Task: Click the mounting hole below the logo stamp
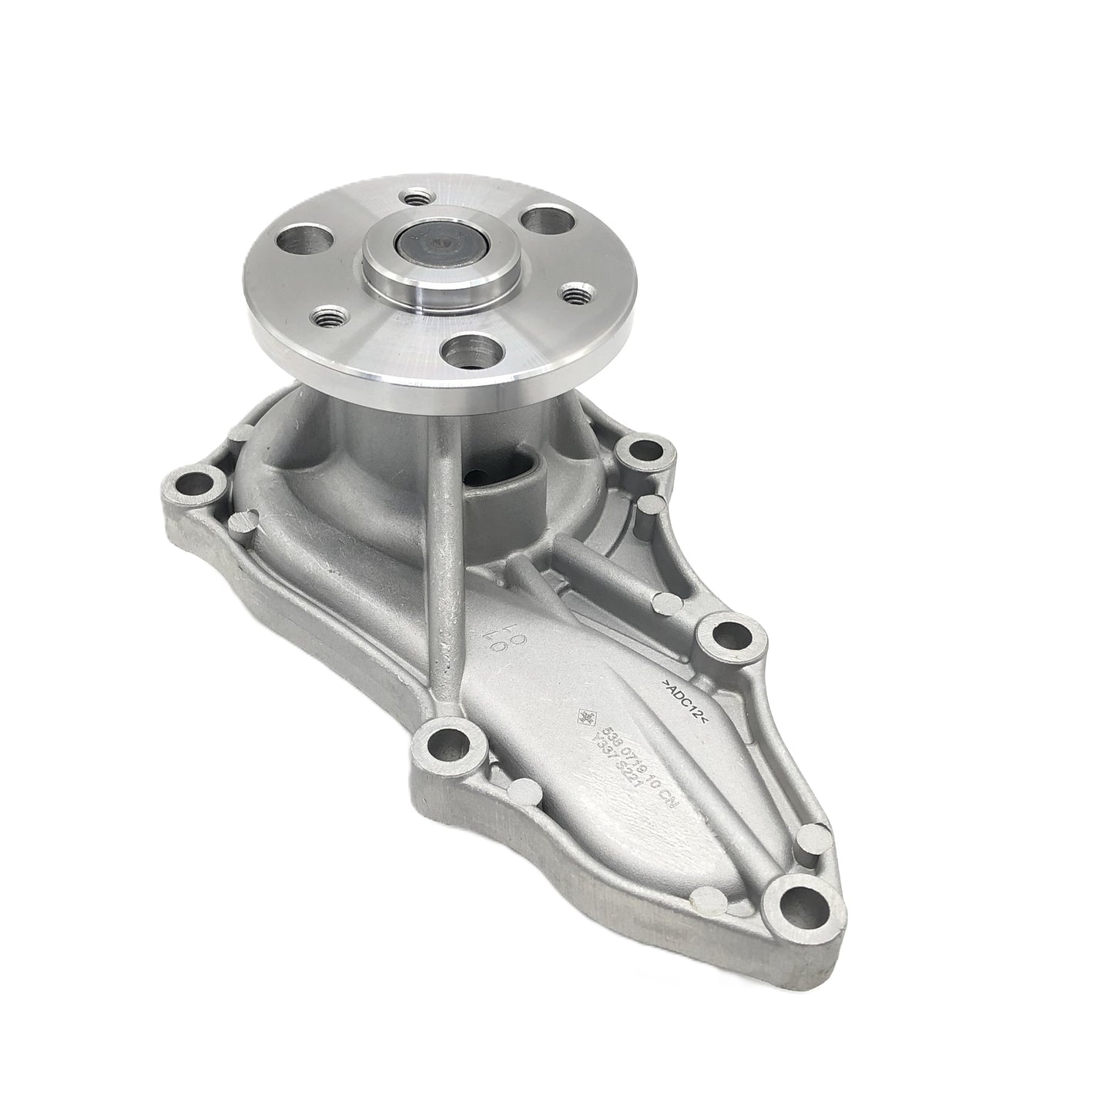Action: [445, 745]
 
